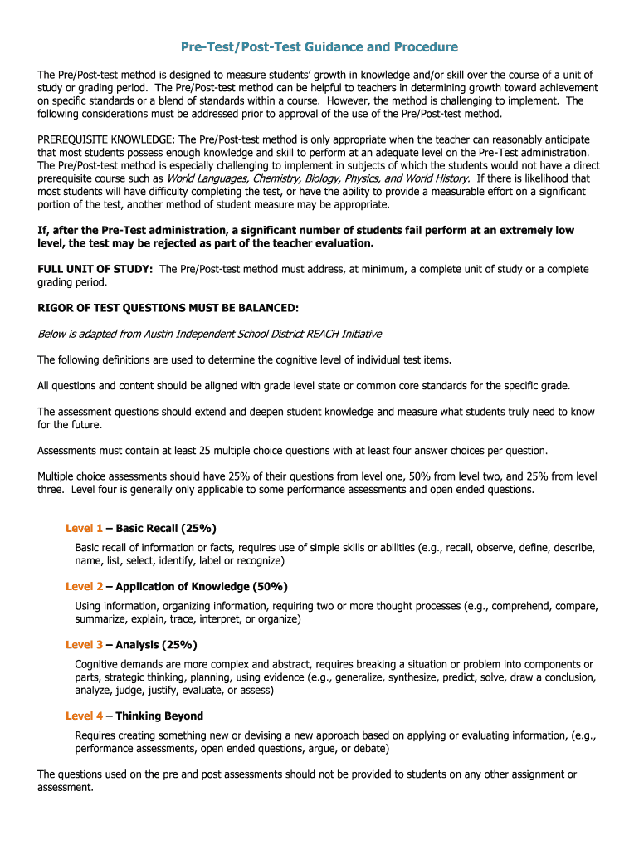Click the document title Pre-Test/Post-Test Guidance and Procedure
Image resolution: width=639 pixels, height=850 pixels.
coord(319,46)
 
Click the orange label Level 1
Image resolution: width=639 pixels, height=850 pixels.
coord(84,529)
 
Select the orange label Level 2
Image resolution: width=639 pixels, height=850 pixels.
coord(84,587)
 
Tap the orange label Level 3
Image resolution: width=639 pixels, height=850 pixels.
coord(84,645)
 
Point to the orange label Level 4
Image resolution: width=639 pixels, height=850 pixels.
coord(84,716)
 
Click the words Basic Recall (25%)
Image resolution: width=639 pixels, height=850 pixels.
coord(166,529)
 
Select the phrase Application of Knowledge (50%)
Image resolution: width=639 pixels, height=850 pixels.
coord(202,587)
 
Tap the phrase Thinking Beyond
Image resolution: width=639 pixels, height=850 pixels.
coord(159,716)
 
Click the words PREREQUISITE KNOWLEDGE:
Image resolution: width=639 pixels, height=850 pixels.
coord(106,139)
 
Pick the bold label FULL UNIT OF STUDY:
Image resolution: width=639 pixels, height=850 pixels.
coord(95,269)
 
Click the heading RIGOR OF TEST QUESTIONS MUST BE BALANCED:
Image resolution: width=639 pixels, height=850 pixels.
coord(168,308)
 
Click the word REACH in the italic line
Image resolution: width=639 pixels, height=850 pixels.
coord(319,334)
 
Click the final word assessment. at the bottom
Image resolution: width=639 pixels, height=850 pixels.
coord(66,788)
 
